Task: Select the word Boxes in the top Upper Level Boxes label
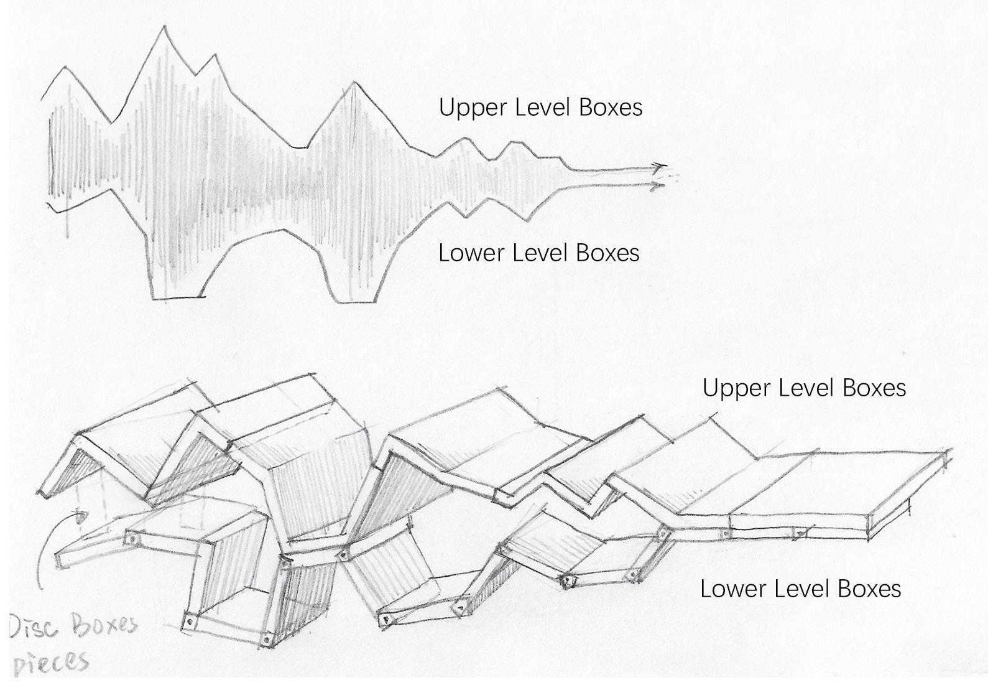pyautogui.click(x=611, y=107)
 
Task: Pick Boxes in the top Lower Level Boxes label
pyautogui.click(x=607, y=253)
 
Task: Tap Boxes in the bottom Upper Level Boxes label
pyautogui.click(x=874, y=388)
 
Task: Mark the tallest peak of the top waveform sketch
pyautogui.click(x=165, y=27)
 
